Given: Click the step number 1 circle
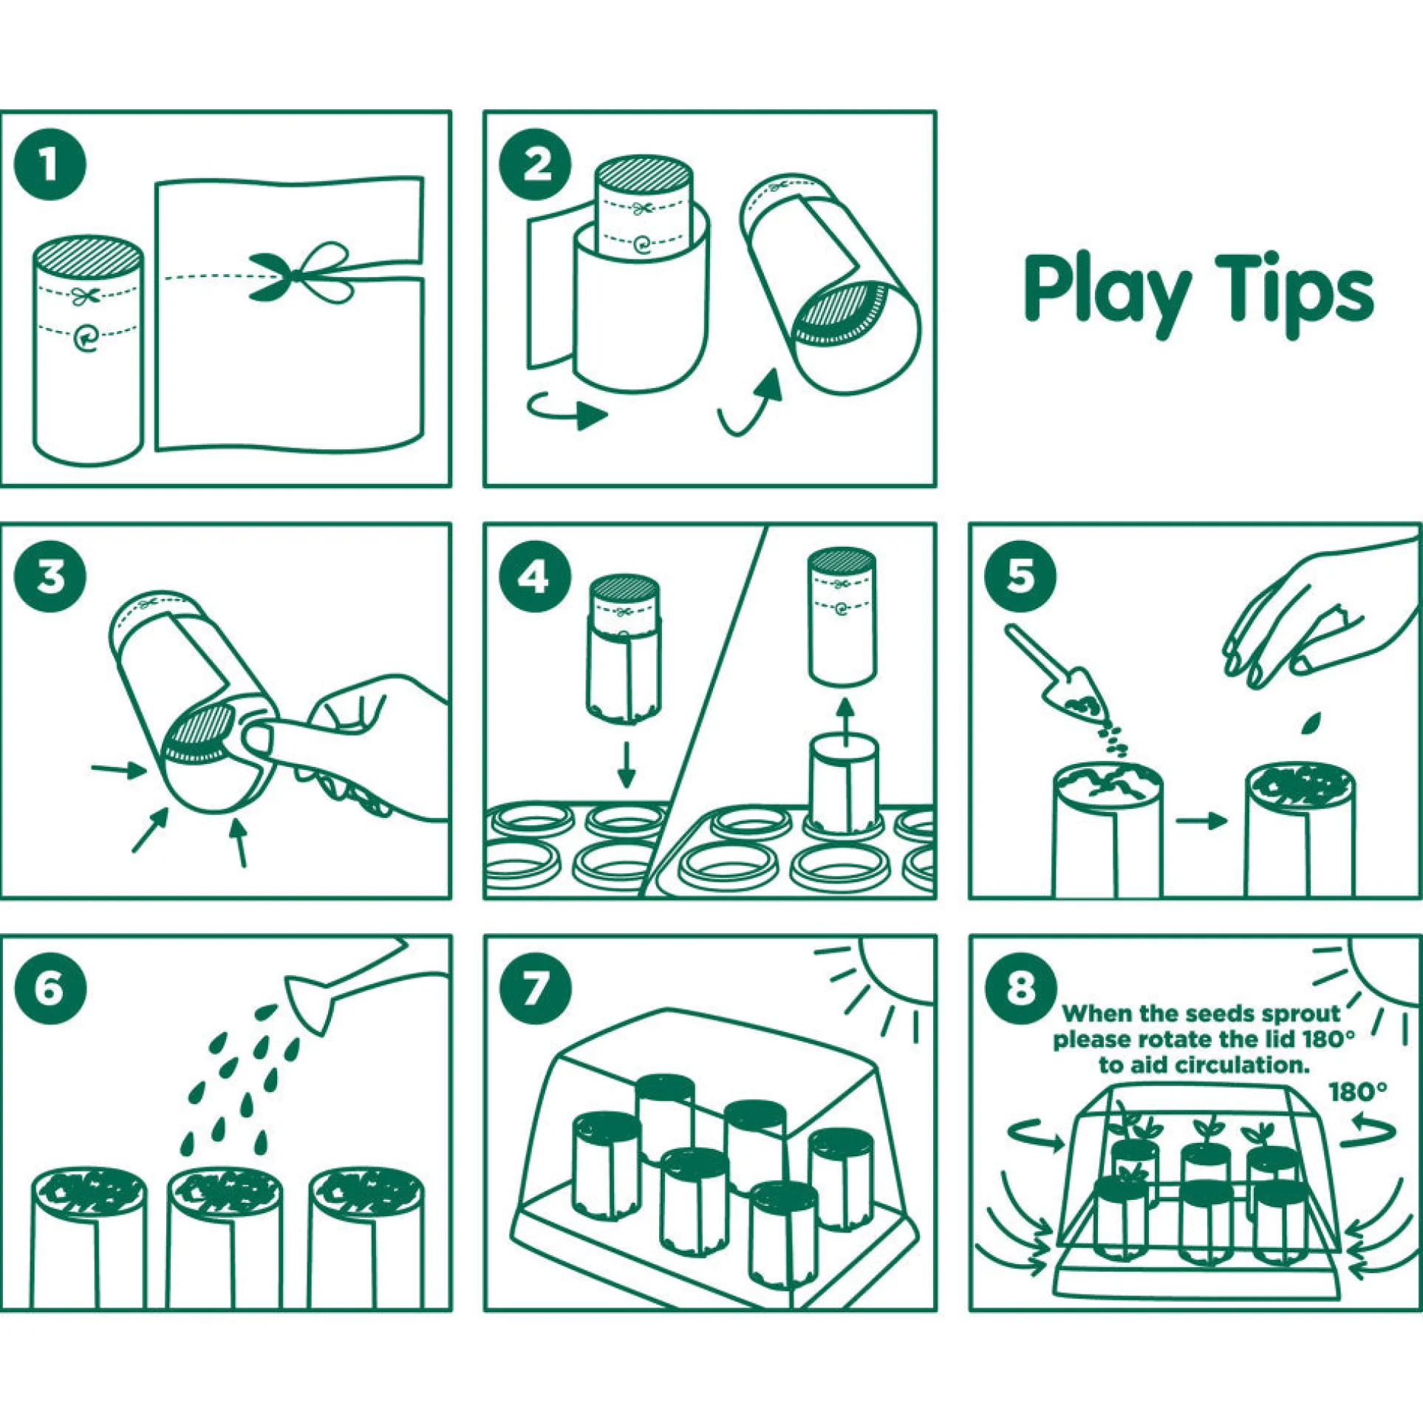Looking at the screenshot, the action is coord(50,164).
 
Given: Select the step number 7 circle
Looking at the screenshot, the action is coord(535,989).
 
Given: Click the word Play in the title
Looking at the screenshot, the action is coord(1107,293).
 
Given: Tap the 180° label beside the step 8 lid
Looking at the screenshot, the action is coord(1357,1092).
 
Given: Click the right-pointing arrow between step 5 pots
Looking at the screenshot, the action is coord(1201,820).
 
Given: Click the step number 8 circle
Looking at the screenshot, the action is coord(1021,989).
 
